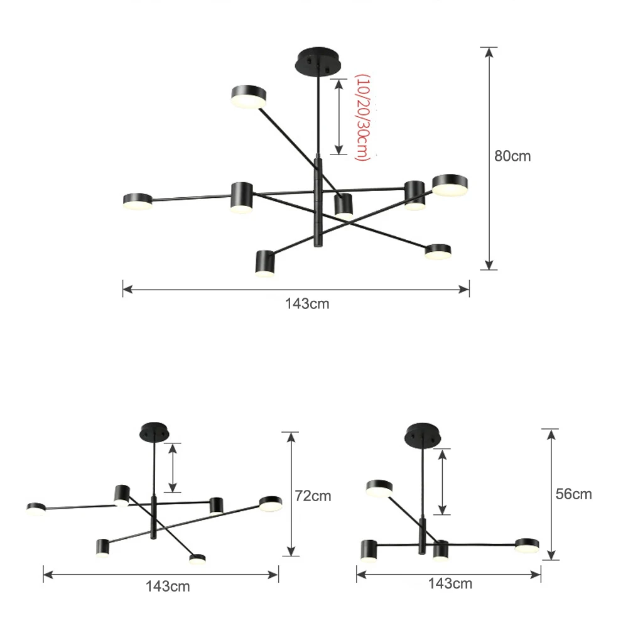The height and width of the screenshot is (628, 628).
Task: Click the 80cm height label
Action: [512, 156]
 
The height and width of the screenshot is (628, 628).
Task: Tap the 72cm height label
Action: [313, 496]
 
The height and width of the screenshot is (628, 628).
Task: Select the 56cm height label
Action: [573, 494]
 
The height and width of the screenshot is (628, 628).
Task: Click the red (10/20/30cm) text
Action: [362, 117]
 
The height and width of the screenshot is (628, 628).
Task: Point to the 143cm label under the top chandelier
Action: [307, 303]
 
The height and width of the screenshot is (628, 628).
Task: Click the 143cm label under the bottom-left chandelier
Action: [168, 587]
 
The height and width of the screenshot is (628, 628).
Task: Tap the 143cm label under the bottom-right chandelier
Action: [450, 583]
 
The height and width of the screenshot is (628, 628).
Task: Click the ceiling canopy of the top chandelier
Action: [318, 61]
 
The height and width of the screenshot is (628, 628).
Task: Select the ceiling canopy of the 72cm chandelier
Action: [154, 432]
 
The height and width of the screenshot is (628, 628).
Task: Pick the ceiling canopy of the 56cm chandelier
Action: [423, 435]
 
